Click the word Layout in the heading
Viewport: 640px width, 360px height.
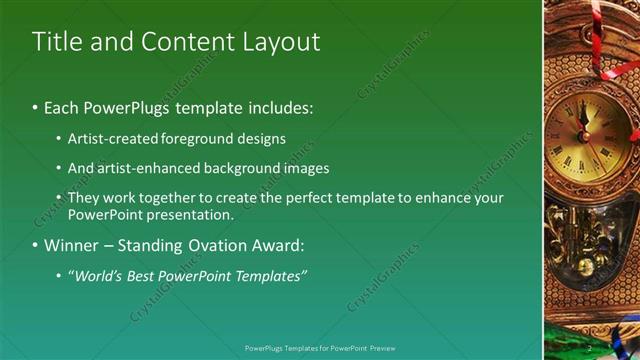(283, 42)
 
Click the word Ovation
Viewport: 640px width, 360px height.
(205, 245)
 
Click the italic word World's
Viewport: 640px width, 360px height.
(96, 275)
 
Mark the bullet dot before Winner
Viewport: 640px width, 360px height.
(35, 245)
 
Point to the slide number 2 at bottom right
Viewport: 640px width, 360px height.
(590, 348)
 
